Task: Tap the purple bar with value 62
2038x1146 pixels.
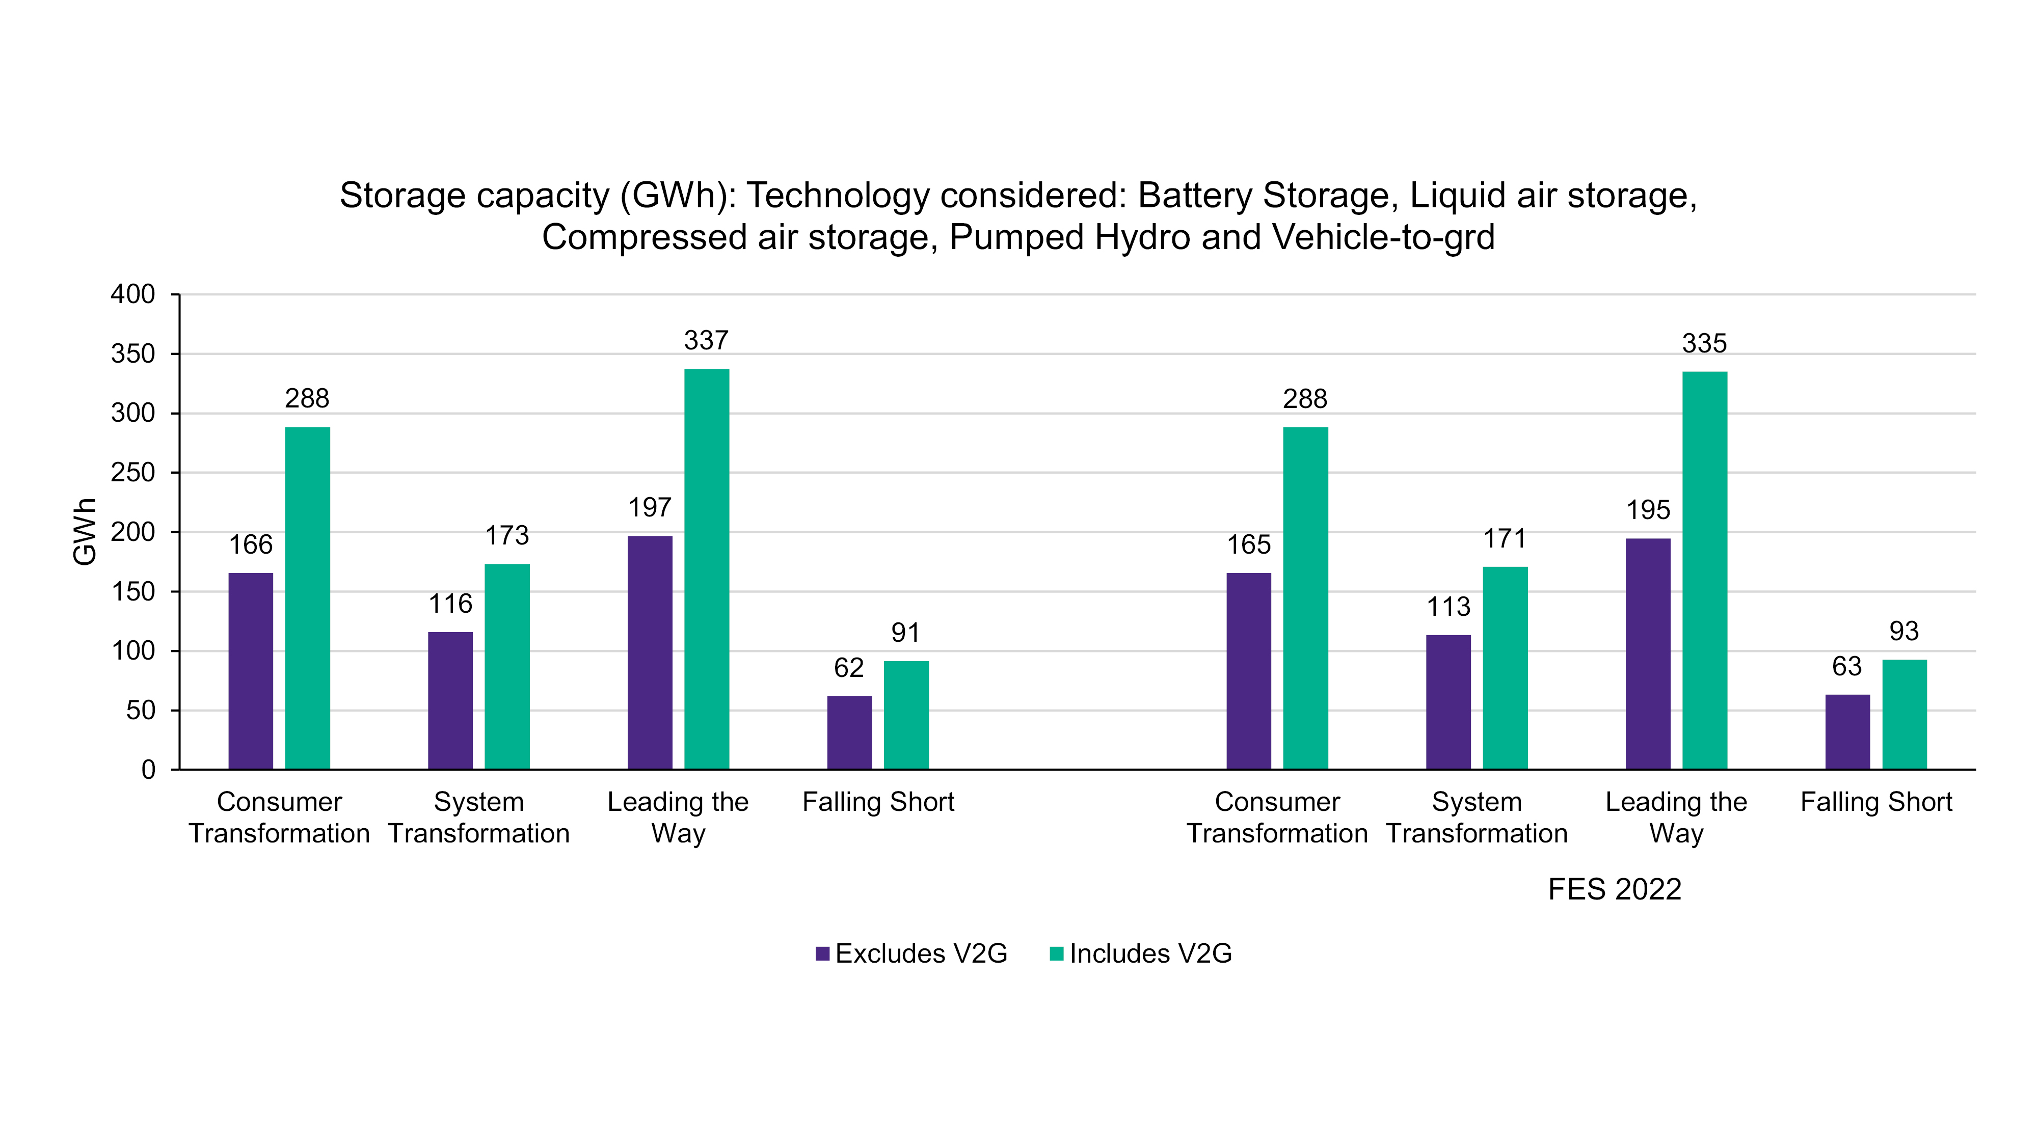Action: click(849, 732)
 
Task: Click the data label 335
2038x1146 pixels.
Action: click(1704, 343)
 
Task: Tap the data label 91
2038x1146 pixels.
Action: click(906, 633)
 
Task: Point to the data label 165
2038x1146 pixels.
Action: click(1248, 545)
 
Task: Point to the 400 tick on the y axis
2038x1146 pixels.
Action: click(133, 294)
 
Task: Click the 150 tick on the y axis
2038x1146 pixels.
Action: click(133, 591)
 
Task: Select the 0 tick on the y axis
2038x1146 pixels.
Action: click(148, 770)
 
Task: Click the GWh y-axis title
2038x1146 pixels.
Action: click(85, 531)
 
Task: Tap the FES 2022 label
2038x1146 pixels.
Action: click(1614, 890)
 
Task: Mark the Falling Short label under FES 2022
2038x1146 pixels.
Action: click(1876, 802)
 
